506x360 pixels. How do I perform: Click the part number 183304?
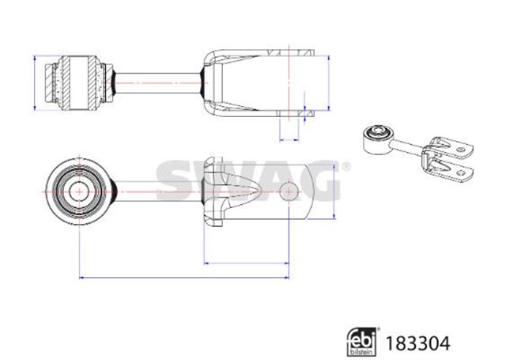[417, 343]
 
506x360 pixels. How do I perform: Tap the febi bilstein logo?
[362, 342]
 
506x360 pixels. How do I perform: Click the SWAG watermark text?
[247, 180]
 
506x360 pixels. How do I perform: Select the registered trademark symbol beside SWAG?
[346, 167]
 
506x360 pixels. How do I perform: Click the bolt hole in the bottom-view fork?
[289, 191]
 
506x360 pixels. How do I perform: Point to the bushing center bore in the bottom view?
[79, 191]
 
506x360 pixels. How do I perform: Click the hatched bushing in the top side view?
[79, 82]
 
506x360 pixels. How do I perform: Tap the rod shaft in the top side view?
[158, 83]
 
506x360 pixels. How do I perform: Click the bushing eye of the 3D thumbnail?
[378, 138]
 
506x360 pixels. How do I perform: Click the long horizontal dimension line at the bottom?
[184, 277]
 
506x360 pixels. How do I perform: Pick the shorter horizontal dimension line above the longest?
[246, 263]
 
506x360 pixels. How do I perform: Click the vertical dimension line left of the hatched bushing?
[35, 83]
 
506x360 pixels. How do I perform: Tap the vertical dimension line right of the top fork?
[329, 83]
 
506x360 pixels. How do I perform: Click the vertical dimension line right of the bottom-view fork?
[334, 191]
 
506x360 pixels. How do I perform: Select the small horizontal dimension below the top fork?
[289, 140]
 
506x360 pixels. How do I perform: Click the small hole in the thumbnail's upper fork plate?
[460, 150]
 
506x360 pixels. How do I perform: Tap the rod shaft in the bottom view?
[158, 191]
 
